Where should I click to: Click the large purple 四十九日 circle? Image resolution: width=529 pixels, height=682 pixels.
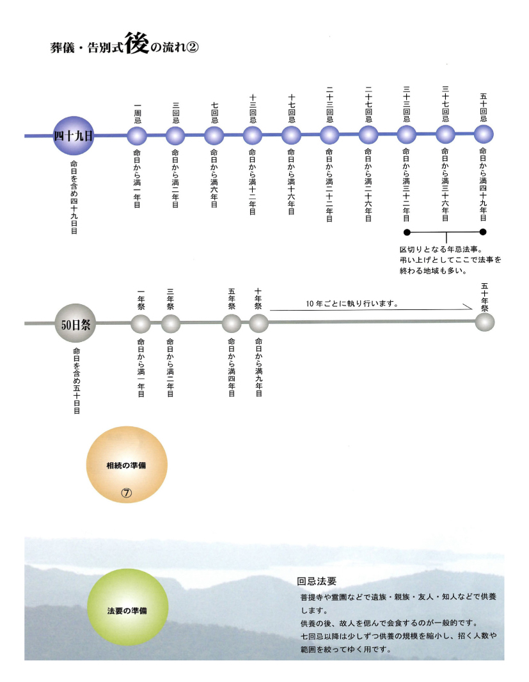click(74, 136)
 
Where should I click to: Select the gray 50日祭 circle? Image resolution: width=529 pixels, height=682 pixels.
click(75, 324)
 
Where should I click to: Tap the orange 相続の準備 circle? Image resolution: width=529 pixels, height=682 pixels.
click(127, 465)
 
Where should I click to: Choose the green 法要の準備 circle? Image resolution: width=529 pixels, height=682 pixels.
click(127, 607)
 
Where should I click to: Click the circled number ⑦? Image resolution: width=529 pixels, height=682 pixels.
click(126, 493)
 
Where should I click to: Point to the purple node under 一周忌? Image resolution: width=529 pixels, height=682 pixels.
click(137, 136)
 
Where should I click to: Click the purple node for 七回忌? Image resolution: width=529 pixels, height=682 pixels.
click(214, 136)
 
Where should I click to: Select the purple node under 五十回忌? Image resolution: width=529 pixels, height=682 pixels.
click(484, 134)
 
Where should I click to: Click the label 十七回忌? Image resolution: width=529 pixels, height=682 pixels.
click(291, 109)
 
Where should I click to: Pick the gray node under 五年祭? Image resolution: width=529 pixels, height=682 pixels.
click(232, 323)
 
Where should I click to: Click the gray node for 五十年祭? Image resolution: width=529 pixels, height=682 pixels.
click(485, 322)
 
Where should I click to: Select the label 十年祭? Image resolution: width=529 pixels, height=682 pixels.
click(258, 299)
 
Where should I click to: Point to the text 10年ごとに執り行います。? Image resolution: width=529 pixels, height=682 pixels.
click(352, 304)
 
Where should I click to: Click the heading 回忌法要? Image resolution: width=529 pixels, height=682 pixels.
click(317, 581)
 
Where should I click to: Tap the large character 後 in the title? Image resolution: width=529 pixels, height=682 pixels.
click(137, 43)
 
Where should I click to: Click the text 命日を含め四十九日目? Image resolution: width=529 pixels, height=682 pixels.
click(74, 197)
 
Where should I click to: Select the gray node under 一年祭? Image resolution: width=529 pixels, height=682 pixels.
click(141, 324)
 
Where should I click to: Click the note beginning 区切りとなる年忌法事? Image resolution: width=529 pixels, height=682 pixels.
click(450, 260)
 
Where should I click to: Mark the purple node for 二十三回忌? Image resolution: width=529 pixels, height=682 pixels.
click(329, 136)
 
